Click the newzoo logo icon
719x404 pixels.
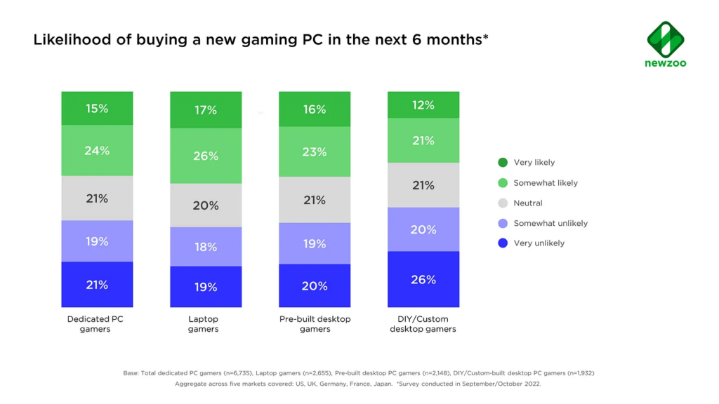[x=665, y=39]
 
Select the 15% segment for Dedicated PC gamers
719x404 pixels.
[x=97, y=109]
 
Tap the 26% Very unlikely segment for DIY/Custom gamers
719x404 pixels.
[x=423, y=279]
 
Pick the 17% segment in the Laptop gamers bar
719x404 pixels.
[x=206, y=110]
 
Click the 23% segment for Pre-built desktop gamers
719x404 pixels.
[x=315, y=151]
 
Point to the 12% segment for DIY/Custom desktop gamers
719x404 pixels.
[x=423, y=105]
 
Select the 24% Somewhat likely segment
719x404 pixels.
[x=97, y=150]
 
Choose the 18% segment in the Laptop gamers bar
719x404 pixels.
[x=206, y=247]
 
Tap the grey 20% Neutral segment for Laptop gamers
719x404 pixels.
[x=206, y=206]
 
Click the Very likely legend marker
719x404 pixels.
[x=503, y=163]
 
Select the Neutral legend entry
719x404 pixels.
[x=527, y=203]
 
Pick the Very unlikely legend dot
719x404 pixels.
[x=503, y=243]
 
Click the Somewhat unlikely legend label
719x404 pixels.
[x=550, y=223]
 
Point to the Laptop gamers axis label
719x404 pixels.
[x=204, y=324]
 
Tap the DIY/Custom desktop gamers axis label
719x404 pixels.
[x=423, y=324]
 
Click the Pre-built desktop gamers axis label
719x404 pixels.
[x=315, y=324]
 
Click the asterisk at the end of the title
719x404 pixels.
[x=485, y=36]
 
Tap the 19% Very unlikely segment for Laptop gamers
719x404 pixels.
[x=206, y=287]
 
